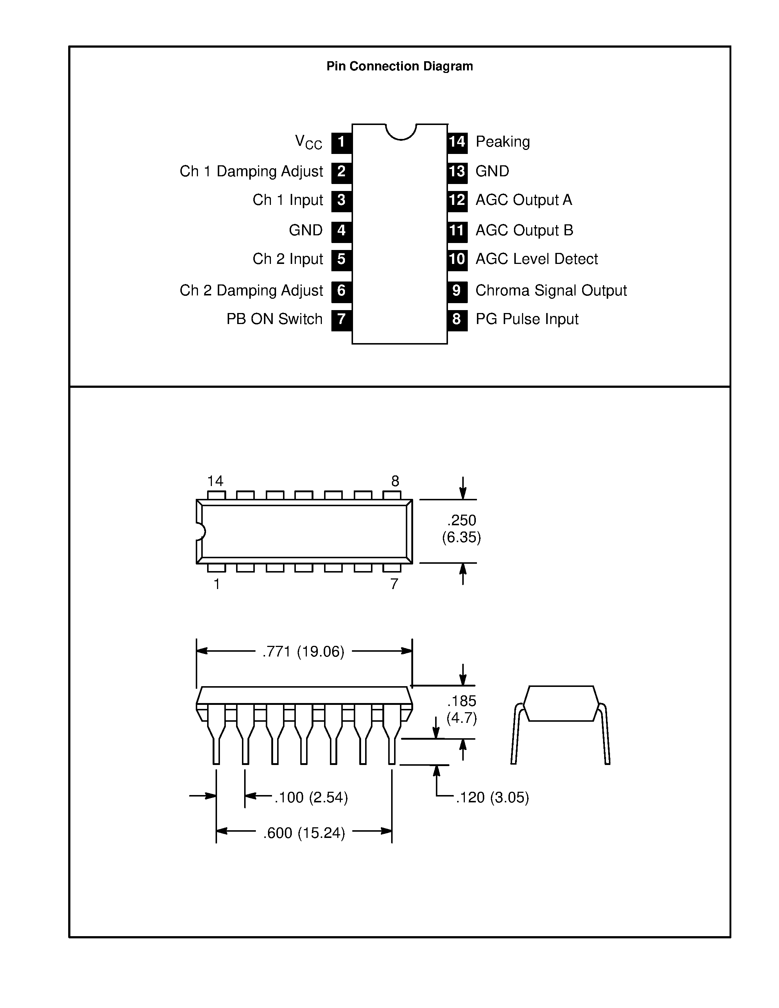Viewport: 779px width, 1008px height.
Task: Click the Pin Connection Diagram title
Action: tap(399, 66)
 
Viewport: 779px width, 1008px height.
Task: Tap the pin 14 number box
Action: tap(457, 142)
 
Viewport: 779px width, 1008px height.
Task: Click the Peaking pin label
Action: tap(503, 142)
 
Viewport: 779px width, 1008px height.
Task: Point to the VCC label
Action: tap(308, 142)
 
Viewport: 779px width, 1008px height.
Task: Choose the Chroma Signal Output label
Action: tap(551, 291)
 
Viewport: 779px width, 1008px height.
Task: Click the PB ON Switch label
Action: tap(274, 319)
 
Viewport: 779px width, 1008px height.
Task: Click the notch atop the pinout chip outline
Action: tap(401, 132)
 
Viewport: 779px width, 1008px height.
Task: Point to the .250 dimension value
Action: tap(462, 520)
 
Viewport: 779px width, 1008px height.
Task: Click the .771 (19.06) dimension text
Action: tap(303, 652)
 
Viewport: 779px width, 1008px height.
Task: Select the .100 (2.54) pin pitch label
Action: tap(311, 798)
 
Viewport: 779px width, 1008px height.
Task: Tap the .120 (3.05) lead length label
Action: tap(492, 798)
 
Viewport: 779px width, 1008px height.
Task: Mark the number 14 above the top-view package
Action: tap(215, 481)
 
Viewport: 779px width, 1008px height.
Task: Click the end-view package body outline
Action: tap(561, 703)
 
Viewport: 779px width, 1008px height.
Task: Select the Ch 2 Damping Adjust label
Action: tap(251, 291)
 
